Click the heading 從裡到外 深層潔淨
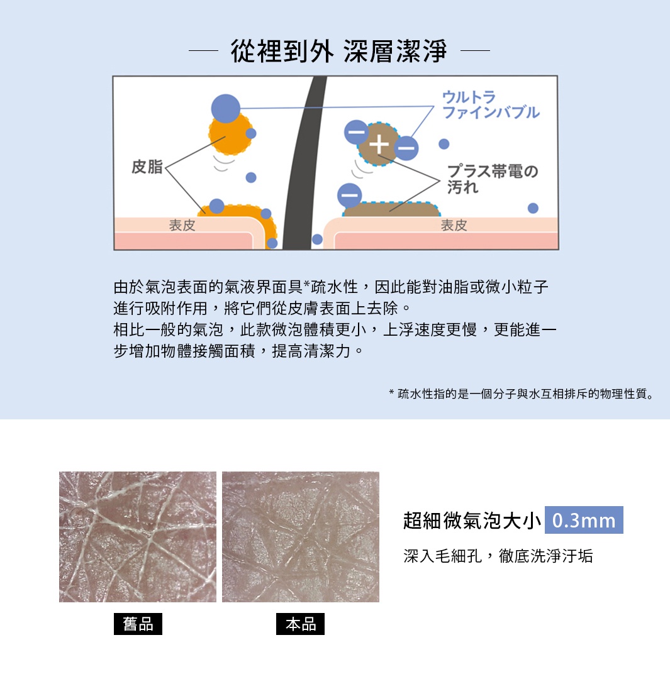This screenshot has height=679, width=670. coord(339,51)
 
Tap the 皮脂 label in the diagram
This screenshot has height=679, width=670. coord(147,167)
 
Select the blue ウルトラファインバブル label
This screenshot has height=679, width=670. coord(490,104)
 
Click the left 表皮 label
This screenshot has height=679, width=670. coord(182,225)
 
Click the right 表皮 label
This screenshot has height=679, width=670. coord(454,225)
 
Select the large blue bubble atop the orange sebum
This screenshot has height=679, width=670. coord(226,108)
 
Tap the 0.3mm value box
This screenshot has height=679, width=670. coord(583,521)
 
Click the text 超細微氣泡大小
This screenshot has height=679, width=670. coord(472,521)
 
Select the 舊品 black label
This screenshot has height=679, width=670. coord(138,624)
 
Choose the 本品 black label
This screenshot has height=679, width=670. coord(300,624)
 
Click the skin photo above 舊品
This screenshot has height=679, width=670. coord(138,536)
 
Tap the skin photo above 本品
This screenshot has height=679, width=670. coord(301,536)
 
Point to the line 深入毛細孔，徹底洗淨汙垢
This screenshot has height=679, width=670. coord(498,556)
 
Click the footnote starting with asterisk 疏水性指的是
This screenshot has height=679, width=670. coord(522,394)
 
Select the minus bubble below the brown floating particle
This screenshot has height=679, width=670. coord(350,195)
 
